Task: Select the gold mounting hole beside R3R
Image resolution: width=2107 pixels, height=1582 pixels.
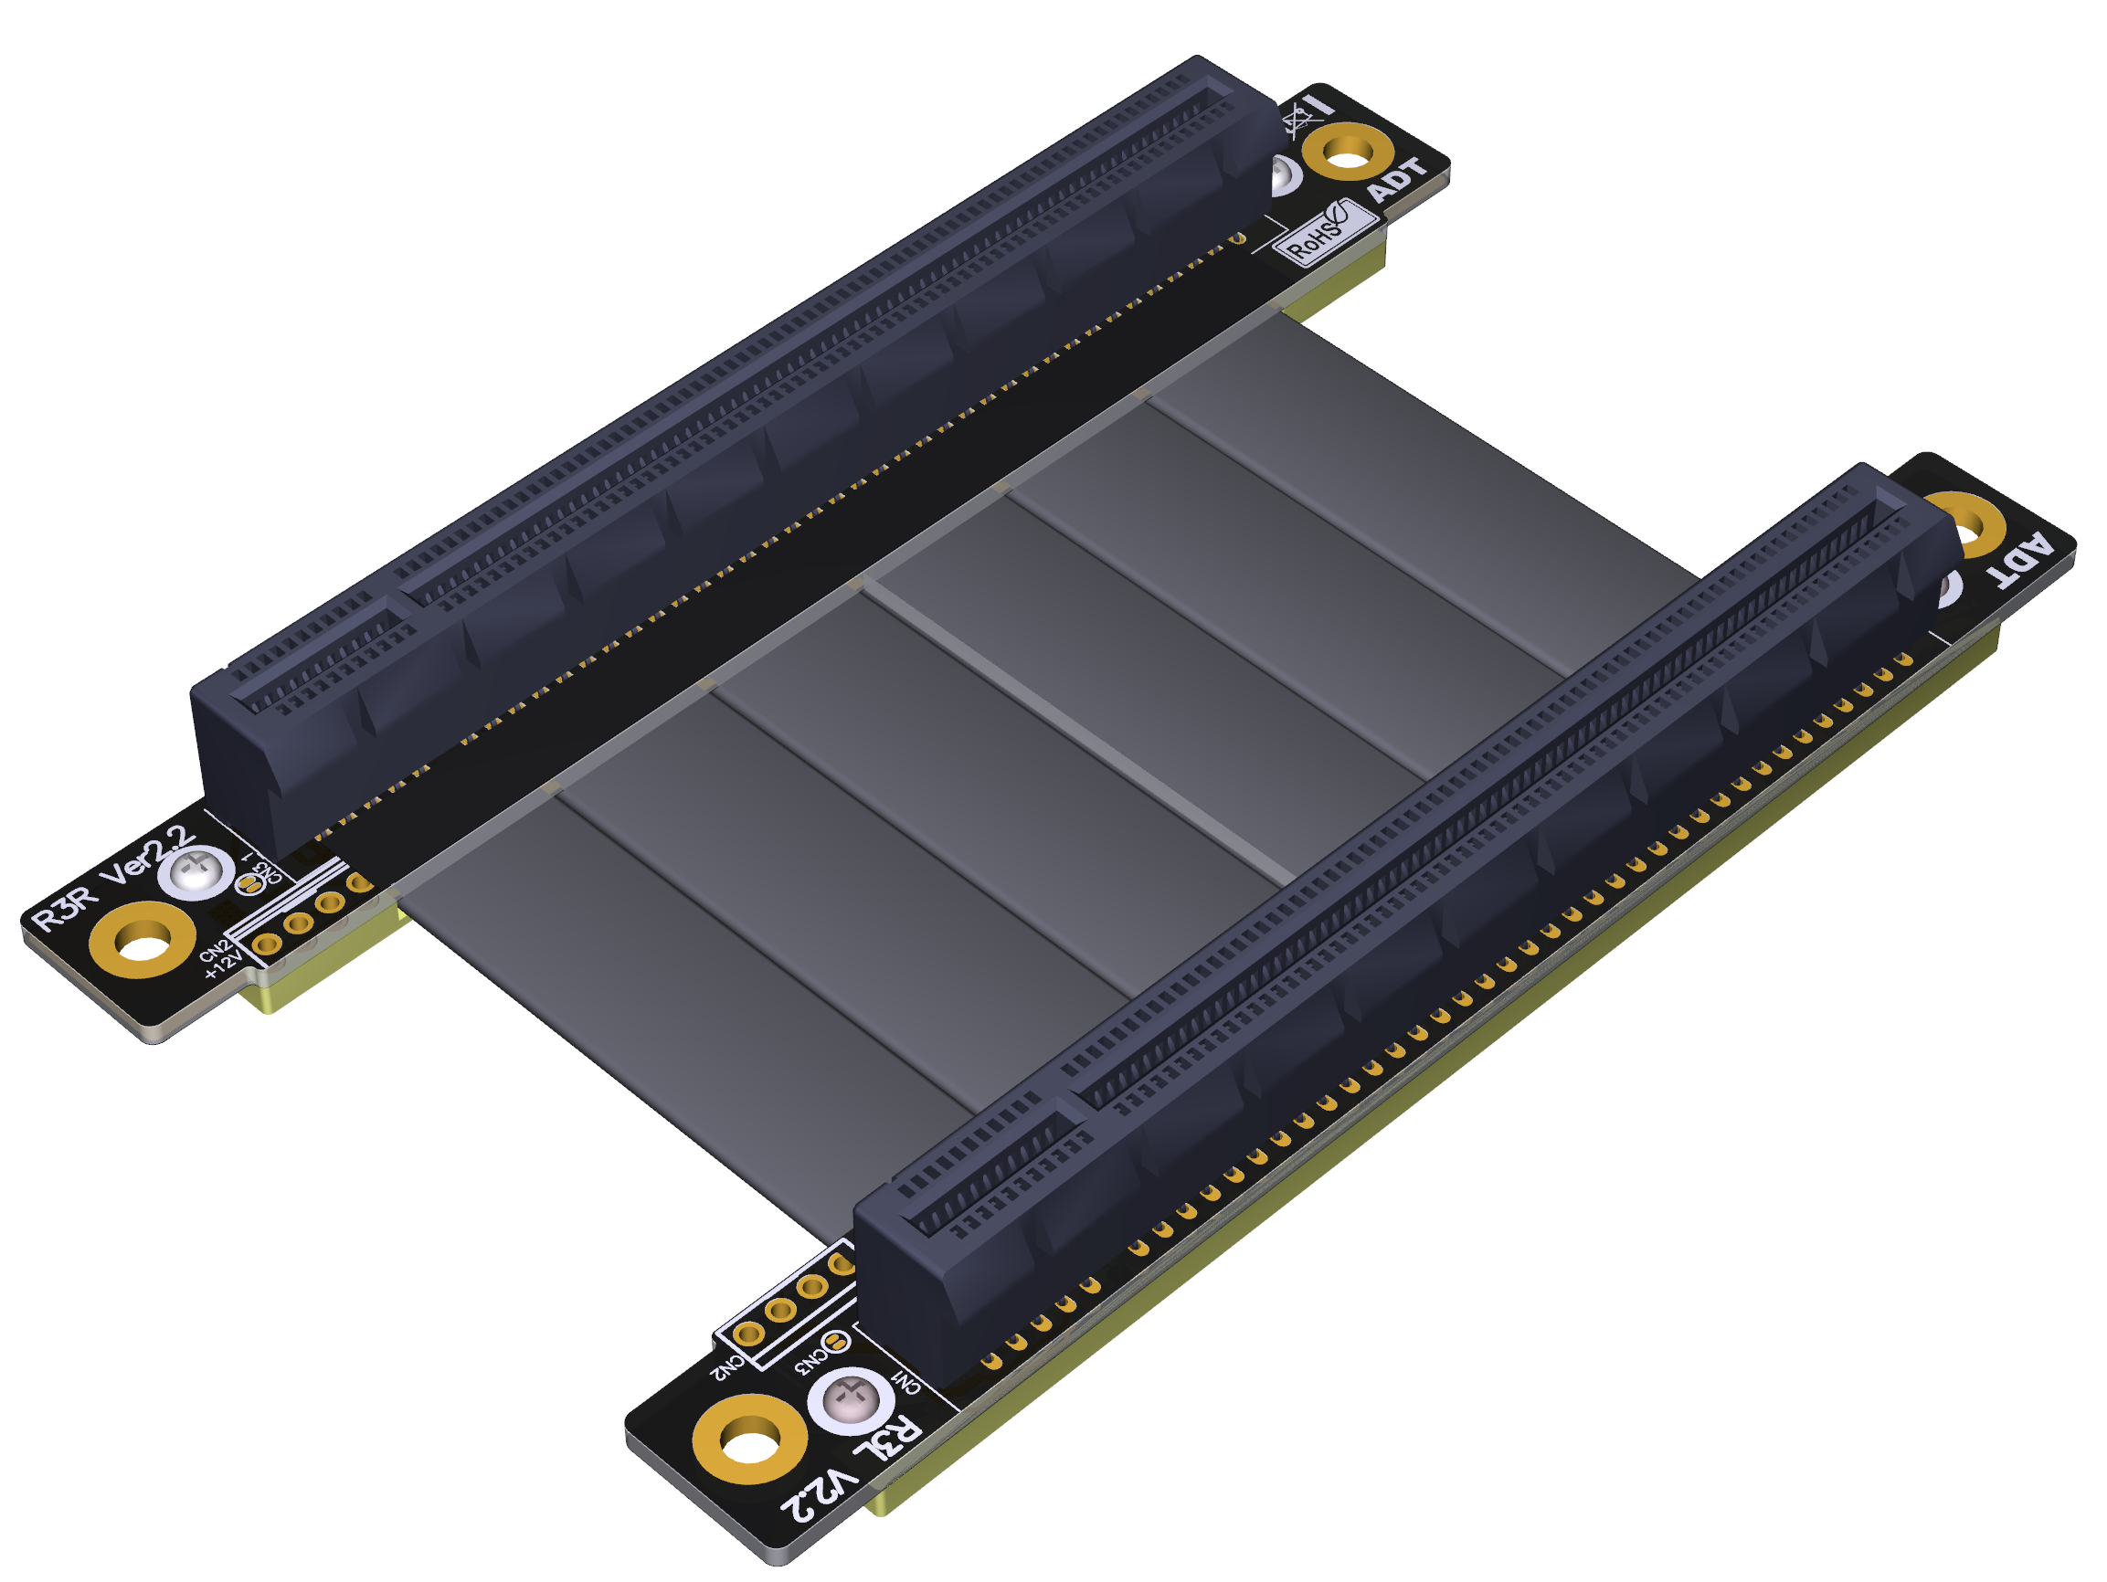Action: point(142,943)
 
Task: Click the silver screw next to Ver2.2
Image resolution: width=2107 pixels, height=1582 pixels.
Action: point(196,872)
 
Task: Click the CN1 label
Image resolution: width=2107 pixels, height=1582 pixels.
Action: point(905,1382)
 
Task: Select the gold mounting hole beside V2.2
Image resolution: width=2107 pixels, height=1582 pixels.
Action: point(749,1440)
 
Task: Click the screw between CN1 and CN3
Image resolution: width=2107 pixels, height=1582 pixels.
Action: point(850,1401)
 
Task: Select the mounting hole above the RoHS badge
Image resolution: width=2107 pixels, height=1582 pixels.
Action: point(1347,152)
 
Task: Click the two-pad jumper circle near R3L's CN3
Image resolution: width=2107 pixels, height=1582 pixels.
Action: point(835,1343)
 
